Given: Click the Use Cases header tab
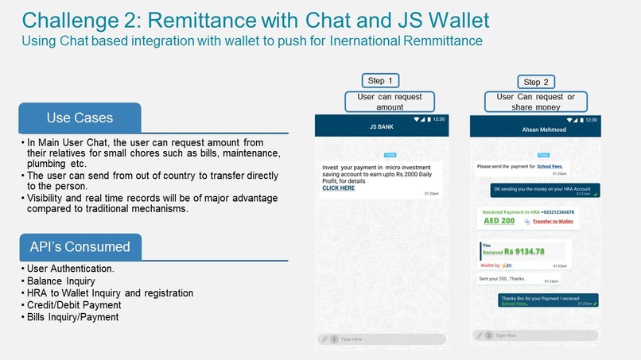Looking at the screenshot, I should point(80,118).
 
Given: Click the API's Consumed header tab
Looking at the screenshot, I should point(80,246).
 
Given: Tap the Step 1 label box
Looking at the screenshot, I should point(379,80).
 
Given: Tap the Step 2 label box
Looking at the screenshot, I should point(536,82).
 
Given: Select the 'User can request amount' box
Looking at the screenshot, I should point(390,102).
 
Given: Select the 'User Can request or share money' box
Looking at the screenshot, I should point(535,102).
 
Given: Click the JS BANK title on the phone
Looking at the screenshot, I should point(383,126).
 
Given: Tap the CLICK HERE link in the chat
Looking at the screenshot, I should point(338,188).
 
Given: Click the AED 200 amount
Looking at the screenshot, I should point(497,221).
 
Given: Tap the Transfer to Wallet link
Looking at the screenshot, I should point(552,221).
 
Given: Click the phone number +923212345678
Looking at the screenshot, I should point(547,212).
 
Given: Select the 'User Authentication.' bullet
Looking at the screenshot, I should point(70,270).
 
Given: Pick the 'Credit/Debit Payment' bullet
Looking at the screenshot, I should point(74,305).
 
